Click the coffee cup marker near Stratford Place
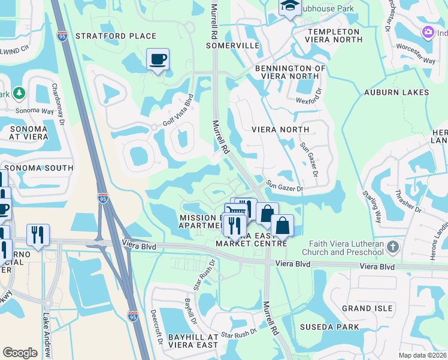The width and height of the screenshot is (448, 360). pyautogui.click(x=158, y=59)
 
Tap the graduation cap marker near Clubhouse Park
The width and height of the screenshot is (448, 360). pyautogui.click(x=290, y=7)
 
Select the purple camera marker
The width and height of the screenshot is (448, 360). pyautogui.click(x=428, y=32)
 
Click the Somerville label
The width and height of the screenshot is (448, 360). pyautogui.click(x=232, y=46)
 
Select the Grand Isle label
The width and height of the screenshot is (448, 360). pyautogui.click(x=367, y=308)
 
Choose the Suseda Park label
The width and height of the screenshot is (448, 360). pyautogui.click(x=333, y=327)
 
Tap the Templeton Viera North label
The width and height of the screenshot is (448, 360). pyautogui.click(x=334, y=35)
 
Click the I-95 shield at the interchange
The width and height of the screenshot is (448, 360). pyautogui.click(x=104, y=199)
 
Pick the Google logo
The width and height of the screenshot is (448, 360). pyautogui.click(x=20, y=352)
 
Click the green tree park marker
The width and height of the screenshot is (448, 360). pyautogui.click(x=19, y=94)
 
